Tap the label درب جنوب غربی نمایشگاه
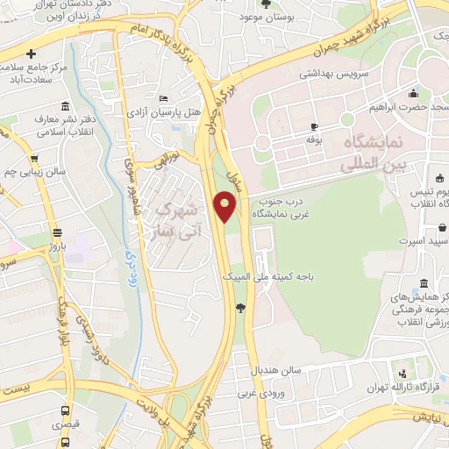click(273, 207)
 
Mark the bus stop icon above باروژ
click(58, 233)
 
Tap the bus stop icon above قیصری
click(63, 410)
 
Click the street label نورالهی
click(166, 161)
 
